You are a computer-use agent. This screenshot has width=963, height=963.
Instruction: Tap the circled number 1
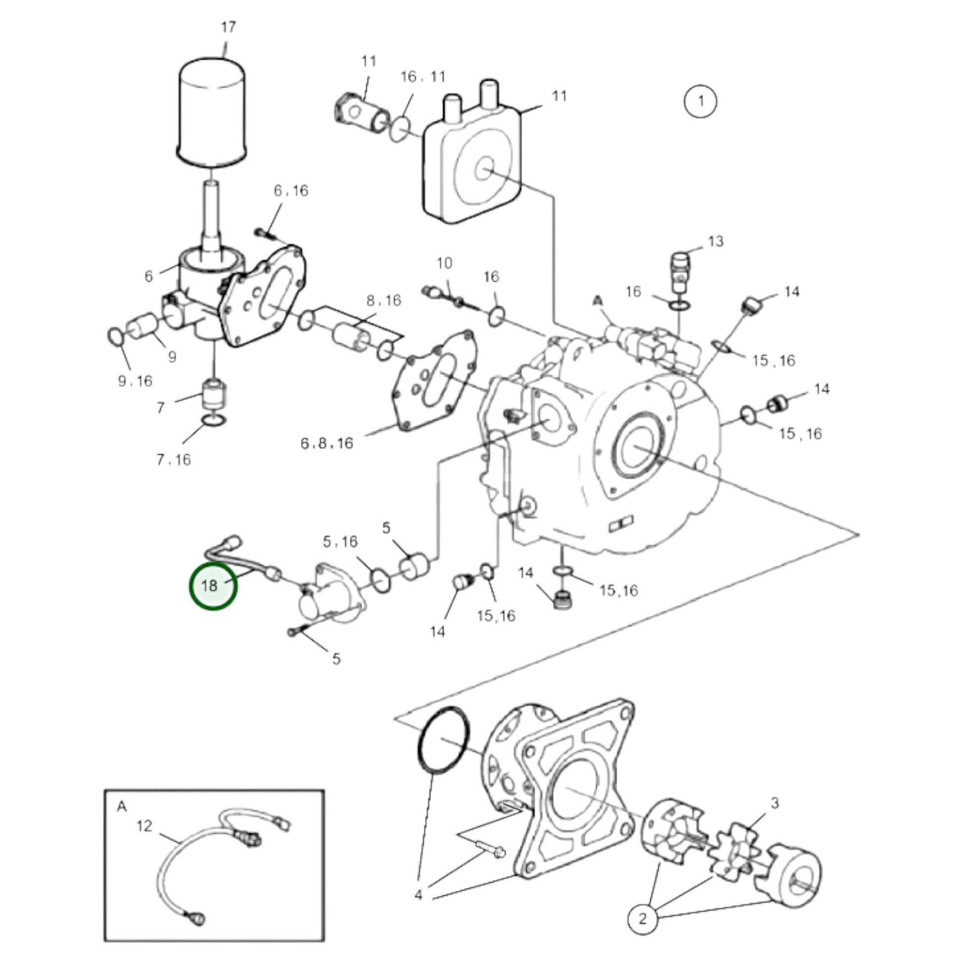(x=700, y=101)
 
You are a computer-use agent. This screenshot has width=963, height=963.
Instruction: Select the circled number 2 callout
(x=642, y=918)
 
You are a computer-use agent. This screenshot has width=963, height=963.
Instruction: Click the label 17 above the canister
(x=228, y=27)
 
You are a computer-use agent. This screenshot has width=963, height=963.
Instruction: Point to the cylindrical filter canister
(x=212, y=112)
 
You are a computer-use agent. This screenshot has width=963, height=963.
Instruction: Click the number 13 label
(x=715, y=242)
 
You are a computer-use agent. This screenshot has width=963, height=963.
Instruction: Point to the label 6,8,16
(x=327, y=443)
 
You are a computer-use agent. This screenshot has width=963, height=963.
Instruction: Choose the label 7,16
(x=174, y=460)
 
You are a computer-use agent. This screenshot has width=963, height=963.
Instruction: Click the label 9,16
(x=135, y=382)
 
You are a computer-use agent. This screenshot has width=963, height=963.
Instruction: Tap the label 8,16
(x=384, y=300)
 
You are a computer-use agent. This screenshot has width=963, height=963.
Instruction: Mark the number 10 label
(x=444, y=263)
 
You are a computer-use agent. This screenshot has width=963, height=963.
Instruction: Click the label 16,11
(x=423, y=77)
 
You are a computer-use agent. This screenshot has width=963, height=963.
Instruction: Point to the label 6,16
(x=290, y=191)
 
